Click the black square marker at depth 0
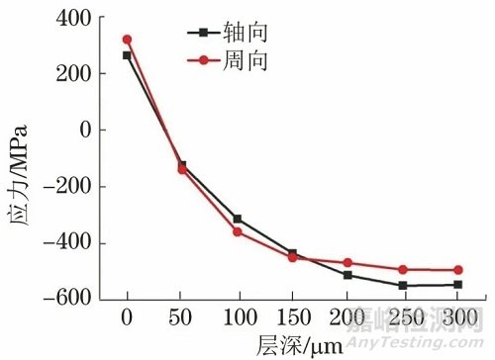coord(127,55)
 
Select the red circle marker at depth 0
coord(127,40)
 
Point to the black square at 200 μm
coord(347,275)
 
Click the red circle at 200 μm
coord(347,263)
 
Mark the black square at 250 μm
coord(403,286)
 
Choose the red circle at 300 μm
coord(457,270)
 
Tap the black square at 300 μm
coord(457,285)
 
